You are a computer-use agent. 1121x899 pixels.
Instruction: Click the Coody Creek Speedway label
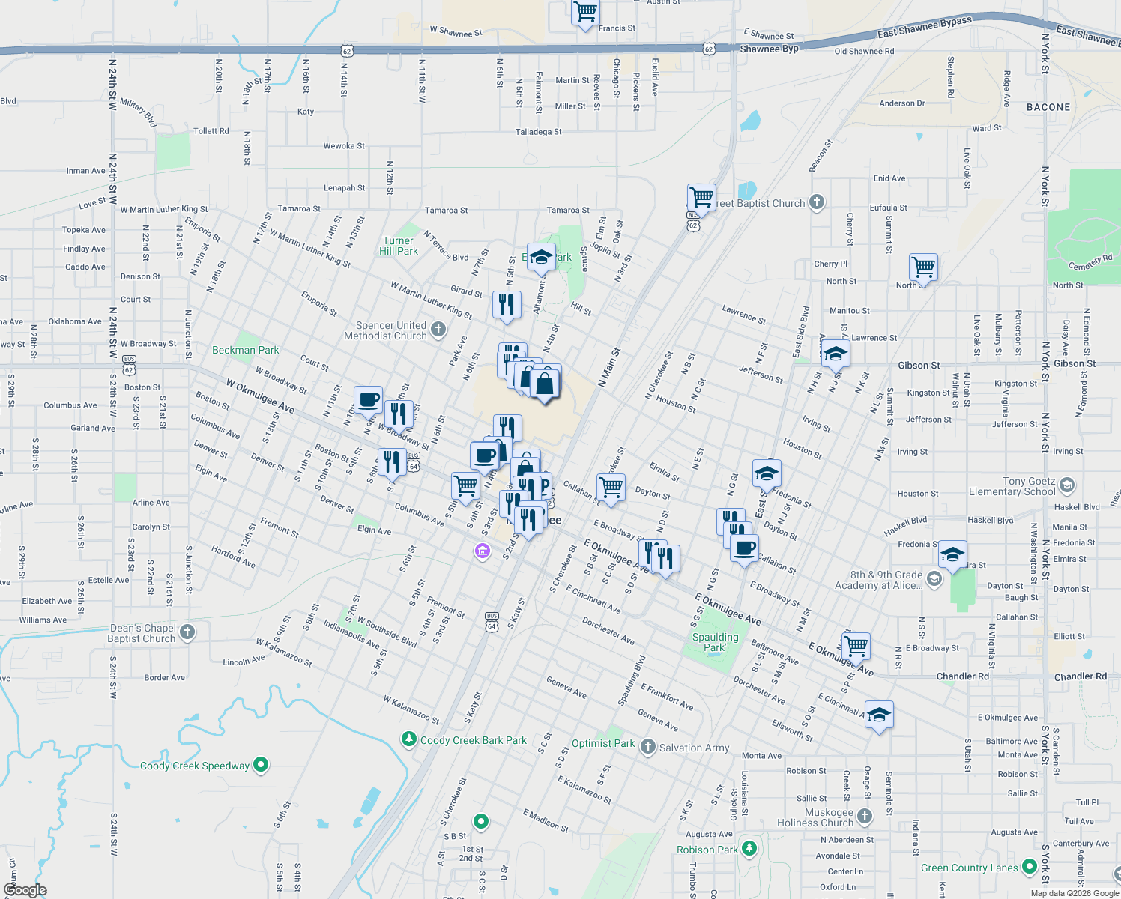coord(195,766)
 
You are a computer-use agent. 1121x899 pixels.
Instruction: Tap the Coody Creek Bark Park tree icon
coord(408,739)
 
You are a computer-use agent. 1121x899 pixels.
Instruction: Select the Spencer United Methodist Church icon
coord(438,330)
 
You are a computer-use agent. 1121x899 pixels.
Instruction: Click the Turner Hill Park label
coord(398,246)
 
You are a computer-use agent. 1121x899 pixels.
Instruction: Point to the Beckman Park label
coord(245,350)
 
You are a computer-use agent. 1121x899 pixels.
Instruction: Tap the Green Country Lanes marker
coord(1029,867)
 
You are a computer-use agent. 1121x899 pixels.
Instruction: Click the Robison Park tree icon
coord(749,849)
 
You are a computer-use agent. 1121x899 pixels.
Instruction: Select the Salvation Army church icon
coord(647,747)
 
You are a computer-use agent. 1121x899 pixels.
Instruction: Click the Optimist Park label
coord(603,743)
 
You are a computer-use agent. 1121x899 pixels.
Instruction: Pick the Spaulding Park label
coord(715,642)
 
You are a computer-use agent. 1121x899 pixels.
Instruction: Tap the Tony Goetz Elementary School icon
coord(1067,485)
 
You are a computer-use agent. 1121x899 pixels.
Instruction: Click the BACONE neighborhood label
coord(1048,107)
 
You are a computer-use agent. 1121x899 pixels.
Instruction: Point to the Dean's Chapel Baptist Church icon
coord(187,632)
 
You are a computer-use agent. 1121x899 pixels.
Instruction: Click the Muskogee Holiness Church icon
coord(865,816)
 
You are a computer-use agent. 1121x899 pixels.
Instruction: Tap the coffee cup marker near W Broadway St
coord(368,399)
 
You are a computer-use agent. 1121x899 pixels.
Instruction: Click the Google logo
coord(25,889)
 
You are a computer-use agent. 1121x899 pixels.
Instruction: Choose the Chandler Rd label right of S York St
coord(1080,676)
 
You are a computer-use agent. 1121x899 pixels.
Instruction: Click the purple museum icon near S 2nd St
coord(482,552)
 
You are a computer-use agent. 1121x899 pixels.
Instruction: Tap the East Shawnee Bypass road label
coord(924,28)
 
